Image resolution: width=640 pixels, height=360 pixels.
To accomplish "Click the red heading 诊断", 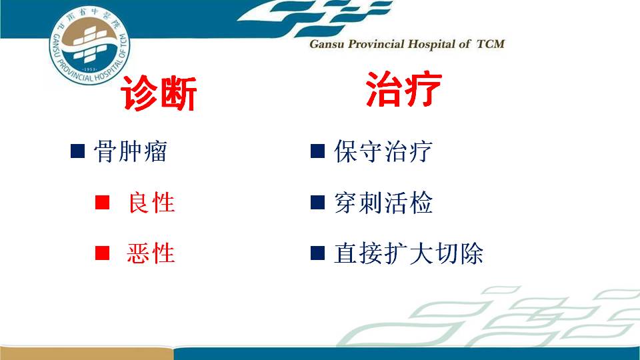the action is point(159,93).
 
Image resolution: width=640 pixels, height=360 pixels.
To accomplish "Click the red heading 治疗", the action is point(404,89).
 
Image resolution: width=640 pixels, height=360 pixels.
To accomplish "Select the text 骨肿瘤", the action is point(131,151).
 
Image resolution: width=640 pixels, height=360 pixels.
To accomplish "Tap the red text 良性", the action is point(151,203).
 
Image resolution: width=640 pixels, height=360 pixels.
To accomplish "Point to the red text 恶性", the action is point(151,253).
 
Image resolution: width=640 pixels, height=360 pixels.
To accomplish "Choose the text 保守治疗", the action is point(383,151).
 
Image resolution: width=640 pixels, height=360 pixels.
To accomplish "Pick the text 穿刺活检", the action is point(383,203).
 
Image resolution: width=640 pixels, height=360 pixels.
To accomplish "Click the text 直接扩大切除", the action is point(409,253).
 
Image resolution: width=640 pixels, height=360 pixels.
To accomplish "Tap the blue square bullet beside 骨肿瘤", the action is point(77,151).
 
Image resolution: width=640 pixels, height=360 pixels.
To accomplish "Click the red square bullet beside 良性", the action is point(102,202).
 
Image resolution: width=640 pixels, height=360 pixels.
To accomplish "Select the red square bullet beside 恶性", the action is point(102,253).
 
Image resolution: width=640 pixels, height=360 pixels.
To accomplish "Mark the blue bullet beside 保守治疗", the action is point(317,151).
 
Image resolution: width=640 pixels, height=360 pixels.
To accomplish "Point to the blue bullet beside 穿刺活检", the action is point(317,202).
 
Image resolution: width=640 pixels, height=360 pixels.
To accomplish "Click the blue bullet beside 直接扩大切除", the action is point(317,253).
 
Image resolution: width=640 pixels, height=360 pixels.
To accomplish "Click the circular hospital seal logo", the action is point(89,45).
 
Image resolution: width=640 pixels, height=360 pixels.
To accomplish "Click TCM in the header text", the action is point(491,44).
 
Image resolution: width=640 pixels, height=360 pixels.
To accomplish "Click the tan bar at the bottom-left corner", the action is point(86,353).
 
